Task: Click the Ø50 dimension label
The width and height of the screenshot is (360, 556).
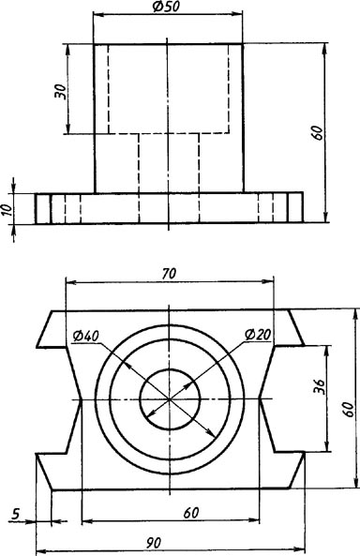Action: (167, 8)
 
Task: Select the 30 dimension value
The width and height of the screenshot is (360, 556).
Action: (60, 92)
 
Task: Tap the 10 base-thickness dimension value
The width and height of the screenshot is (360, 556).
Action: (7, 208)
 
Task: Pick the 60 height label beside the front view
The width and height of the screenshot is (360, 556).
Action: (318, 132)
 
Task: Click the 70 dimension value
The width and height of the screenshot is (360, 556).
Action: (169, 274)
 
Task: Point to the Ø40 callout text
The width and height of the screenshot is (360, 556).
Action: (86, 336)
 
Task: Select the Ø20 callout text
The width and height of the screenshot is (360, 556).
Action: (258, 335)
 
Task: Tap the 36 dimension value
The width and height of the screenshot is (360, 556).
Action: (319, 386)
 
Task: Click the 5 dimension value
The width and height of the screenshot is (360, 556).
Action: (16, 514)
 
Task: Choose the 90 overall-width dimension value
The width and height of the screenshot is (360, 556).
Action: (153, 543)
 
